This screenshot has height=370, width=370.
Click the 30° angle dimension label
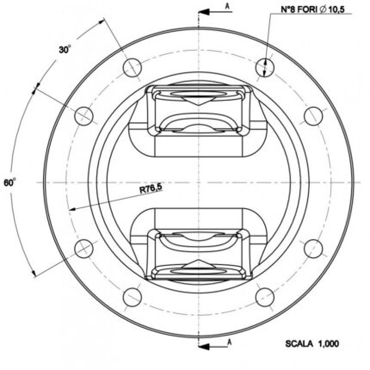[65, 49]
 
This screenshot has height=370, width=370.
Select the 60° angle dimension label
[10, 182]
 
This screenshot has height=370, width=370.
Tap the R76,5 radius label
[151, 188]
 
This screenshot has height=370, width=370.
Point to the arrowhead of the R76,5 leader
[72, 209]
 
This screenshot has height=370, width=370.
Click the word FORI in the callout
[307, 9]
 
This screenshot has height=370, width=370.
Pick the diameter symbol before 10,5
[323, 9]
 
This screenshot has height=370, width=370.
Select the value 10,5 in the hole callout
[336, 9]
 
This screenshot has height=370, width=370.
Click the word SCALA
[299, 343]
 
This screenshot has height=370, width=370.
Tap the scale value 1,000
[328, 343]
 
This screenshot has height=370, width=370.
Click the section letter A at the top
[227, 7]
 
